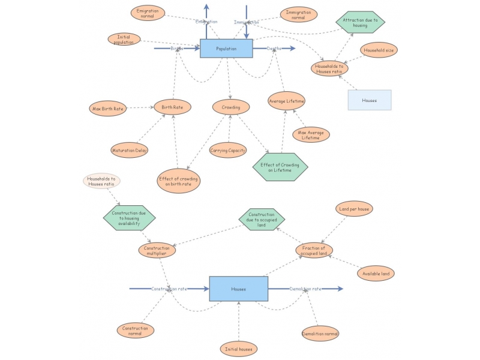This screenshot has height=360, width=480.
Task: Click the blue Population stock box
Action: coord(226,49)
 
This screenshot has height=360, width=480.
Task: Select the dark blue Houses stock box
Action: coord(238,289)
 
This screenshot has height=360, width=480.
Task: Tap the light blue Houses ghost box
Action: coord(370,100)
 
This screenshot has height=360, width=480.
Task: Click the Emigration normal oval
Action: coord(148,13)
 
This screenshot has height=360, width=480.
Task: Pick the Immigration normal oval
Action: coord(298,15)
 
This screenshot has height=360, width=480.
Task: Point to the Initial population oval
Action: coord(124,39)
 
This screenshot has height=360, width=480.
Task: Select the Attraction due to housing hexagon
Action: coord(360,23)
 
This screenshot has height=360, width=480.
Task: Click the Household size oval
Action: coord(378,50)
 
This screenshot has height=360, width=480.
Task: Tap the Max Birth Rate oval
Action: coord(108,109)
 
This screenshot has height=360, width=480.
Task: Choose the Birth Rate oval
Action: coord(172,107)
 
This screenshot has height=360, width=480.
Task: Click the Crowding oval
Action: coord(231,107)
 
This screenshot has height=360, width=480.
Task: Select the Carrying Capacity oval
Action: coord(228,150)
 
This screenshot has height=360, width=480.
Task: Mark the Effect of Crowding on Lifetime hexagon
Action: coord(280,167)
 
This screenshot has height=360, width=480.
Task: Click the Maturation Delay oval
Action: coord(129,150)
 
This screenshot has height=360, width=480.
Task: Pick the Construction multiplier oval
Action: coord(157,251)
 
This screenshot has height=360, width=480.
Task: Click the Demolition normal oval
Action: coord(320,333)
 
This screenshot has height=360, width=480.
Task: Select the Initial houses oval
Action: coord(239,349)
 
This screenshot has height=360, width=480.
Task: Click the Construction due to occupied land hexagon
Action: coord(262,220)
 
